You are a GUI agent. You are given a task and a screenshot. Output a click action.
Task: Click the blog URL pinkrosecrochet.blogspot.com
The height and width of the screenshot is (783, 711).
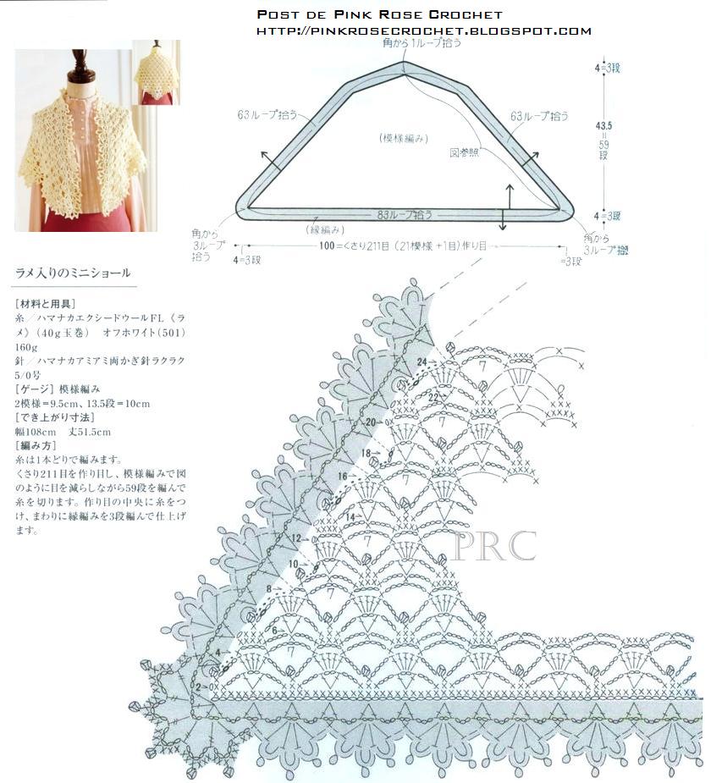pyautogui.click(x=423, y=31)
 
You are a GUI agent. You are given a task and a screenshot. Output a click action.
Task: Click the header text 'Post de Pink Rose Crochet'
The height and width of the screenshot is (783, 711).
pyautogui.click(x=379, y=14)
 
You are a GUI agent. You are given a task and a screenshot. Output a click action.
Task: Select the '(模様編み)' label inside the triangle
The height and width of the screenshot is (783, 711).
pyautogui.click(x=402, y=138)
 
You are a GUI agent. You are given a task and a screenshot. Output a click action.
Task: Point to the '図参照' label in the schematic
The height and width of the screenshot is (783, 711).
pyautogui.click(x=464, y=153)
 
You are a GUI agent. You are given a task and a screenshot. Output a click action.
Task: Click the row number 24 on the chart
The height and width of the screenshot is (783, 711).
pyautogui.click(x=421, y=361)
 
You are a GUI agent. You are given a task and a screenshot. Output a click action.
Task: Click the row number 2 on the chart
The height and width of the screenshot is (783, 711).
pyautogui.click(x=200, y=687)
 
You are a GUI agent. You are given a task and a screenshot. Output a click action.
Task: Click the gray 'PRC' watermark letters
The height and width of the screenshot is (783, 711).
pyautogui.click(x=495, y=546)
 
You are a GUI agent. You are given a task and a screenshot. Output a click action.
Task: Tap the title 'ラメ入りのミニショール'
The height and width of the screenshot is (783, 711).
pyautogui.click(x=74, y=273)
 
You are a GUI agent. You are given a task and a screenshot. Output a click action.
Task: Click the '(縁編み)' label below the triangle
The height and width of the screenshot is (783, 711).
pyautogui.click(x=324, y=229)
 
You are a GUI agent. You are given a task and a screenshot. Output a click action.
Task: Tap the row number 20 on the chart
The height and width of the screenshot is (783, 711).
pyautogui.click(x=370, y=422)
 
